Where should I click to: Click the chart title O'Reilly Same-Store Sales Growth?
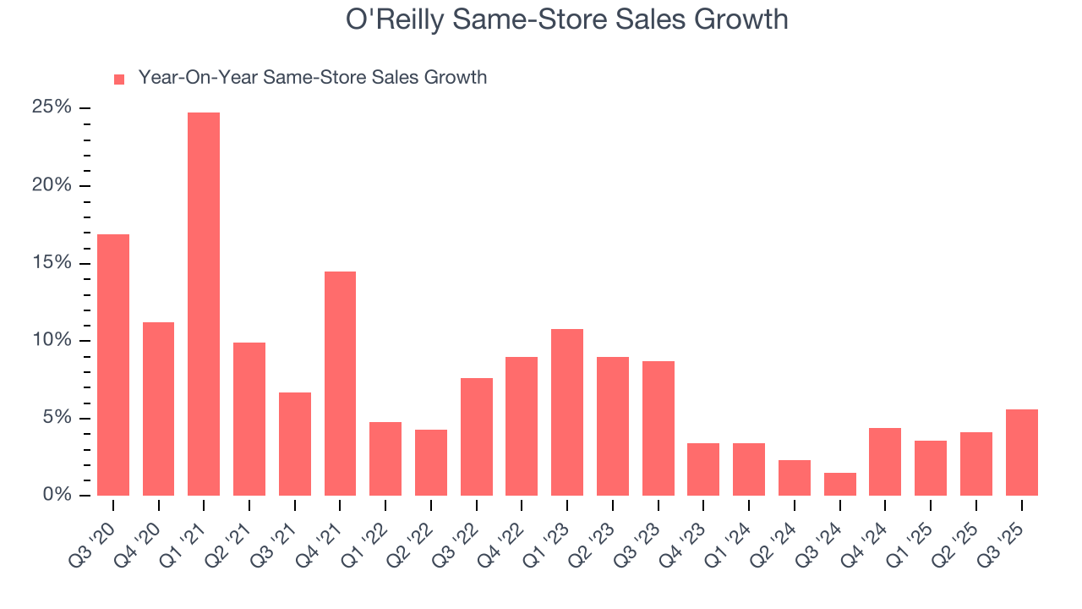click(x=566, y=19)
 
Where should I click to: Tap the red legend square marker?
click(x=119, y=79)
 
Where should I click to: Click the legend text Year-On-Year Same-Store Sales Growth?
click(x=312, y=78)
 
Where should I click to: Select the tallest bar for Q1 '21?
click(x=204, y=304)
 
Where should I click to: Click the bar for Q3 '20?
click(x=113, y=365)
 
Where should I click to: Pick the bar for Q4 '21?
click(x=340, y=383)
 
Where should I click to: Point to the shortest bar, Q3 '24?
click(x=839, y=484)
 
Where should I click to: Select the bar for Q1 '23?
click(x=567, y=412)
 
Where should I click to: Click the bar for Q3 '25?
click(x=1021, y=453)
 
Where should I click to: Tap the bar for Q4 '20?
click(x=158, y=409)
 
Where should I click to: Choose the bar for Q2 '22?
click(x=431, y=463)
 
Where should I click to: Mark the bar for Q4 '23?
click(x=703, y=469)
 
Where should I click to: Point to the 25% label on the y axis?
click(x=52, y=107)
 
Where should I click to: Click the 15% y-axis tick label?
click(x=52, y=263)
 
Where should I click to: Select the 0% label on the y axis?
click(x=57, y=495)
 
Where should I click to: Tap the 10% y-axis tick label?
click(x=52, y=340)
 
